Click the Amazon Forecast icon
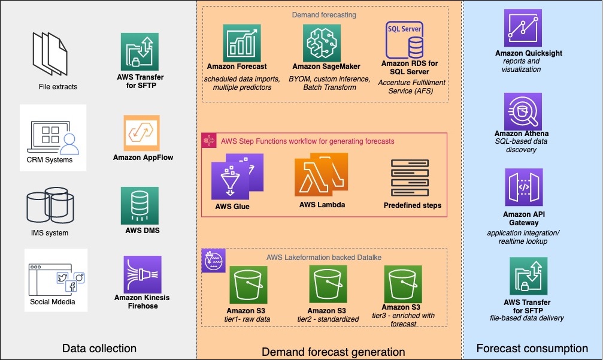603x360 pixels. click(x=242, y=43)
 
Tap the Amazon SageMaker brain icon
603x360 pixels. click(x=322, y=43)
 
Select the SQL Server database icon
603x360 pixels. click(x=405, y=40)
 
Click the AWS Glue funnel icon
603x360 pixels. click(x=237, y=177)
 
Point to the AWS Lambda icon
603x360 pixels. click(x=321, y=175)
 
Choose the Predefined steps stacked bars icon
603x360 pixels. click(x=410, y=178)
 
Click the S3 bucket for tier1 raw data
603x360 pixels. click(x=249, y=285)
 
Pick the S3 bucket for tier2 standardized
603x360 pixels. click(x=328, y=284)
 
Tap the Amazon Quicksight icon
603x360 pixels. click(x=523, y=28)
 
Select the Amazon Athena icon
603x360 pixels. click(x=523, y=111)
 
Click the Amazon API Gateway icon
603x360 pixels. click(x=524, y=187)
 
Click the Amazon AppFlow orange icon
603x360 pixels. click(x=141, y=133)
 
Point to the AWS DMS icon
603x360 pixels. click(x=140, y=206)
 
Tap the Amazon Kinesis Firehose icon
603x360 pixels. click(x=143, y=274)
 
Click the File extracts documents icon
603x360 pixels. click(x=50, y=55)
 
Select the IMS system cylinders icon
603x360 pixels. click(x=50, y=205)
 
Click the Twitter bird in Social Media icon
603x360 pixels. click(x=62, y=278)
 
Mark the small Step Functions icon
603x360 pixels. click(x=209, y=141)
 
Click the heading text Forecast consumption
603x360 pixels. click(x=532, y=349)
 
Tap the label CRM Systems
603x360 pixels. click(x=50, y=159)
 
